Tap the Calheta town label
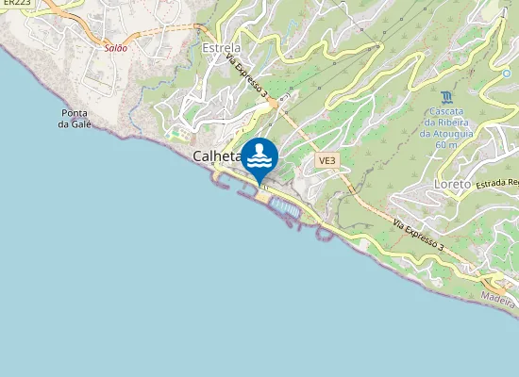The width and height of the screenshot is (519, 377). pos(216,157)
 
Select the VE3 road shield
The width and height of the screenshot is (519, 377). pos(326,161)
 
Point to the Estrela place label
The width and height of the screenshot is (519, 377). pos(222,47)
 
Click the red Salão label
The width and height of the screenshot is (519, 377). pos(115,46)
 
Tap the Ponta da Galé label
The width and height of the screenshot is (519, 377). pos(74,118)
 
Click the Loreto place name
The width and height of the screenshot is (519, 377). pos(454,184)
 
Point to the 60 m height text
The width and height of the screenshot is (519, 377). pos(445,145)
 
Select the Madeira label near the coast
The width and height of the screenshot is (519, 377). pos(497,299)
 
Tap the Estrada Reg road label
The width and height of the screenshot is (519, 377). pos(498,183)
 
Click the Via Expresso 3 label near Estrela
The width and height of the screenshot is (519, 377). pos(247,74)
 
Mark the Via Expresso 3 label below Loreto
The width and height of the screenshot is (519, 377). pos(418,232)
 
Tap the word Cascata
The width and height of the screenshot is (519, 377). pos(445,111)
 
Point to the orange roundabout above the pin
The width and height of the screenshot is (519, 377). pos(274,107)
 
